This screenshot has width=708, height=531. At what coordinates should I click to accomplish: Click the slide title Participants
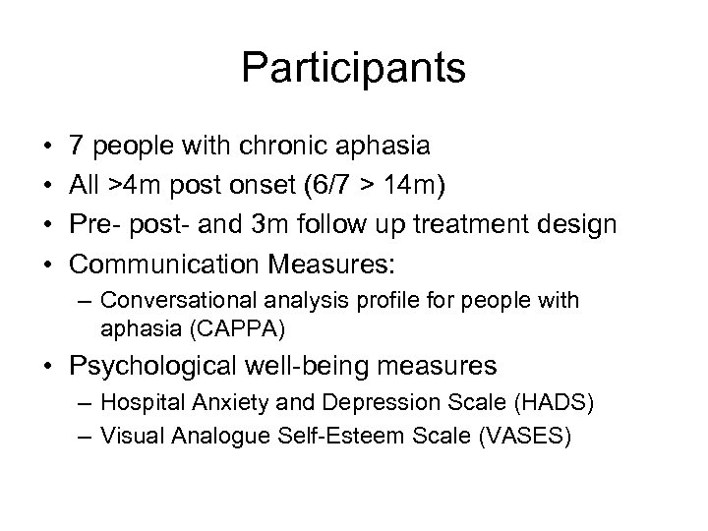click(354, 69)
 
